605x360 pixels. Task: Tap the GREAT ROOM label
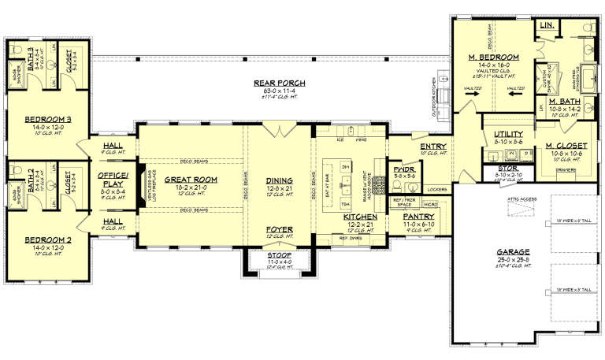click(191, 180)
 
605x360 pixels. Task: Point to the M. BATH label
click(565, 102)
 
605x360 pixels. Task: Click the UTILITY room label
click(508, 134)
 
